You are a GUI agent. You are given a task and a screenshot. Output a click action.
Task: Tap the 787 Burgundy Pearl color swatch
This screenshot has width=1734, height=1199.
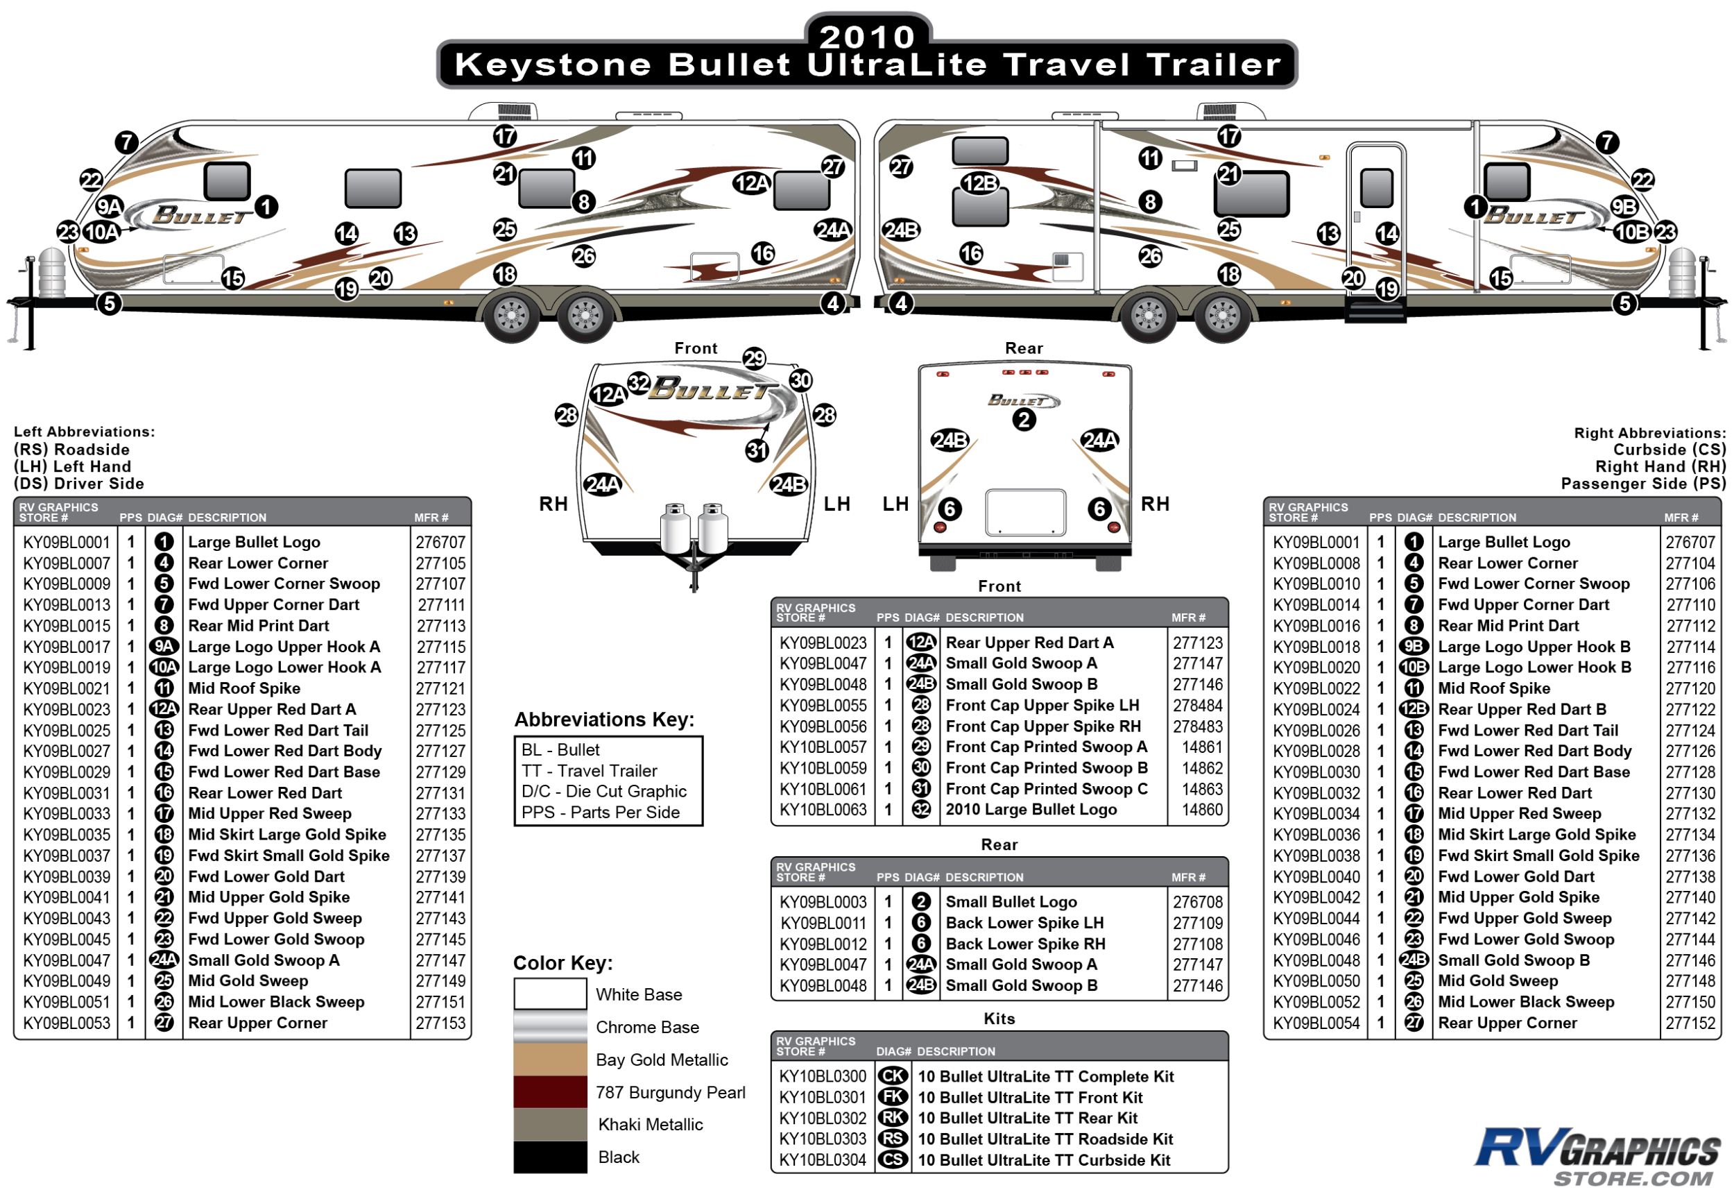pos(550,1091)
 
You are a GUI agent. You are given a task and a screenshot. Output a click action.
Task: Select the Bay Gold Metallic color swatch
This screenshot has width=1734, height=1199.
pos(550,1060)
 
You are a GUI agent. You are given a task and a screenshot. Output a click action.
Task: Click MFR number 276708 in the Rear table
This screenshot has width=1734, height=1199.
pos(1197,901)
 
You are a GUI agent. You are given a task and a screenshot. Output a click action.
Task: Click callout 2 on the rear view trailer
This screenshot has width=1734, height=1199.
pos(1024,419)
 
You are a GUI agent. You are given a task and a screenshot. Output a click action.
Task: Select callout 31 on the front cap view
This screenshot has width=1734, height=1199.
pos(757,450)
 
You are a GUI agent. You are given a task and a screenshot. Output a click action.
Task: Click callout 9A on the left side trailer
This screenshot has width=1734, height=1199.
pos(110,207)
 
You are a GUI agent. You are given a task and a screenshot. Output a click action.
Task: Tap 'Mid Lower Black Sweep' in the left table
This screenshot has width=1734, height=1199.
pos(275,1001)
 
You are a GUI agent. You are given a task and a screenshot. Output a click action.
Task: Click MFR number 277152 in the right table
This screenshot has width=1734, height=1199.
pos(1689,1023)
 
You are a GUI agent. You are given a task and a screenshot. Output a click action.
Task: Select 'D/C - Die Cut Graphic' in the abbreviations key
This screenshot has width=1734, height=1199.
pos(604,791)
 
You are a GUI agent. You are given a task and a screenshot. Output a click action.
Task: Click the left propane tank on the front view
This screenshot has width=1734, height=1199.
pos(674,529)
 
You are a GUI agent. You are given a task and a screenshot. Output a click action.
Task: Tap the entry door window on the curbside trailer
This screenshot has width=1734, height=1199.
pos(1376,187)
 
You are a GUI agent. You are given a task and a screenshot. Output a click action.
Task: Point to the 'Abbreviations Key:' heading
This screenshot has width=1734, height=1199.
pos(604,720)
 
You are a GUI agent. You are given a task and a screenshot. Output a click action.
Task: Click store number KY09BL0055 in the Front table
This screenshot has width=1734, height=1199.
pos(823,706)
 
